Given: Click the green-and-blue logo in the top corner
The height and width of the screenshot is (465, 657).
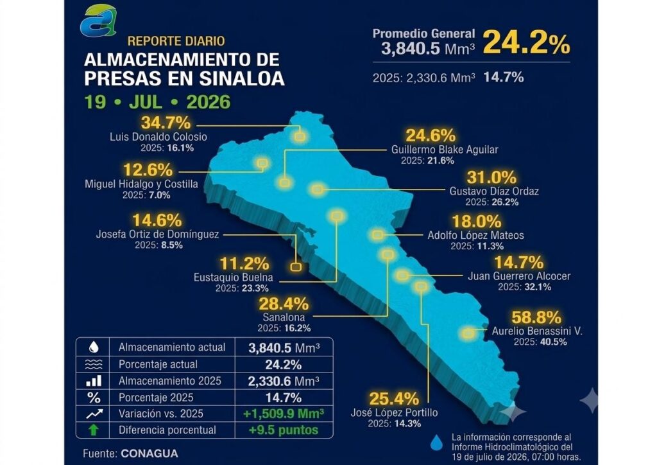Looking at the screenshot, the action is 98,21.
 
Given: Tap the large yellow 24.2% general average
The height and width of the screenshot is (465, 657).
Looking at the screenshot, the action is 526,43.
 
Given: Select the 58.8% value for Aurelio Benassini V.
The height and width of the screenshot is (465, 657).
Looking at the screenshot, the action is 536,317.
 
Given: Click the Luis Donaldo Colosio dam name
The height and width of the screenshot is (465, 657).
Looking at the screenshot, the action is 158,137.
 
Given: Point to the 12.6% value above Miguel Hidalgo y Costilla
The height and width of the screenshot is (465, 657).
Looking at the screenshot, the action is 148,170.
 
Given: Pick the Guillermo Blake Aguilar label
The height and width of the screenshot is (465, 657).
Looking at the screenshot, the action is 445,150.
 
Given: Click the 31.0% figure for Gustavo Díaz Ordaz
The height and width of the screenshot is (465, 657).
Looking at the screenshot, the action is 491,177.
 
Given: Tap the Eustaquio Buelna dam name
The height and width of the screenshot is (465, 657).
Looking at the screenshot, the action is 234,277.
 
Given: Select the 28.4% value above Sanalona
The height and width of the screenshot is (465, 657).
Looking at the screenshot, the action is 284,304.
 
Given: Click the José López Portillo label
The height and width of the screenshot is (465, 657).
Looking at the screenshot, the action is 395,412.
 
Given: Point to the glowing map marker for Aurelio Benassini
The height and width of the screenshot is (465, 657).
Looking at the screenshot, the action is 468,333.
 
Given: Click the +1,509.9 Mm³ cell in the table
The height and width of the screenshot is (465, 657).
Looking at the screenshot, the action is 284,414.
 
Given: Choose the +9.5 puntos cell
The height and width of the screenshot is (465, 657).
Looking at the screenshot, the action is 284,430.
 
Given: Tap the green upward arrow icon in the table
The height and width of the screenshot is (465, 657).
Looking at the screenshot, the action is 94,430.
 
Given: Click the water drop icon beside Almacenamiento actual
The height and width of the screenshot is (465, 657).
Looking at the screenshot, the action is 94,347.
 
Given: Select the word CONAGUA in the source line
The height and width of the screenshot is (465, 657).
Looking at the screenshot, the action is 149,453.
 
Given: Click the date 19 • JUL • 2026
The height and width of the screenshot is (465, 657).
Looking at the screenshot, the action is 158,102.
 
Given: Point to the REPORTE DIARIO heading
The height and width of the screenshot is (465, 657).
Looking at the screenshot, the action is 176,41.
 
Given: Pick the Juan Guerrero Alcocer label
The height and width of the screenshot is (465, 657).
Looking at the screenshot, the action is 519,276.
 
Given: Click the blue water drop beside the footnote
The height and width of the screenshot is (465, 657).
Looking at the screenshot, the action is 436,443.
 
